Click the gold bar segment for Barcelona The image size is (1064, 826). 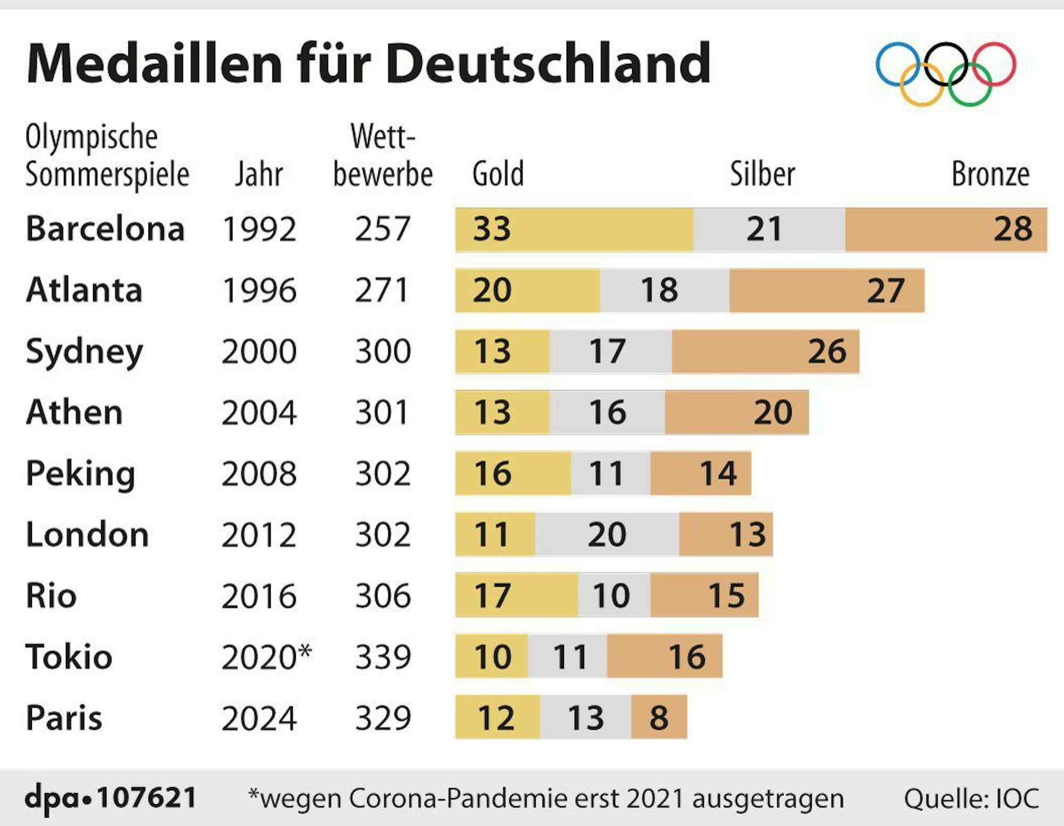[574, 229]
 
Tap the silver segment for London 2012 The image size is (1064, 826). [607, 535]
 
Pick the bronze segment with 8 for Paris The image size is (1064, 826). [659, 717]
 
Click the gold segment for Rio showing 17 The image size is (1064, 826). [516, 595]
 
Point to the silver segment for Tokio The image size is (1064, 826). [567, 656]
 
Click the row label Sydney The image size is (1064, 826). [84, 351]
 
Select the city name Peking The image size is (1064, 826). [80, 473]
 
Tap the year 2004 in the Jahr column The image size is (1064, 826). [259, 413]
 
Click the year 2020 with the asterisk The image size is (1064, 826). [265, 657]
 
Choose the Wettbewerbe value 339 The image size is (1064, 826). [383, 657]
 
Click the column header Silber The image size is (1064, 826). [762, 174]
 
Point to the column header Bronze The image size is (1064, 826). [990, 174]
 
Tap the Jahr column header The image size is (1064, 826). [259, 174]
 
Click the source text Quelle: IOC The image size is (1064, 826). [971, 798]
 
